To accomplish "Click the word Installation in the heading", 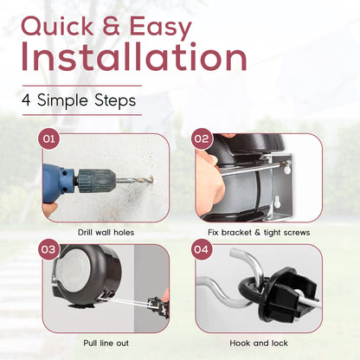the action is coord(134,57).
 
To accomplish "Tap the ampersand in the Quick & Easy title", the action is coord(111,26).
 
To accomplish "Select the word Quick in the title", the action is coord(57,27).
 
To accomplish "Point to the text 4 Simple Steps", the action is coord(79,100).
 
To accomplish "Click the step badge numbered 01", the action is coord(48,138).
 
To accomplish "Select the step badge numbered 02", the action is coord(202,138).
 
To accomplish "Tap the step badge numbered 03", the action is coord(48,249).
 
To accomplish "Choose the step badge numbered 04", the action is coord(202,249).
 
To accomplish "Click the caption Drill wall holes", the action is coord(106,233).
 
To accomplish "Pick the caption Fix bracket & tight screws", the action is coord(259,233).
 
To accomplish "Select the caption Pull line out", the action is coord(106,344).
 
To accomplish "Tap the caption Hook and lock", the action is coord(259,344).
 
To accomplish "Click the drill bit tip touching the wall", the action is coord(151,180).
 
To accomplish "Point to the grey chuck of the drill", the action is coord(96,181).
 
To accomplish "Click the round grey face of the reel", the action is coord(76,270).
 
